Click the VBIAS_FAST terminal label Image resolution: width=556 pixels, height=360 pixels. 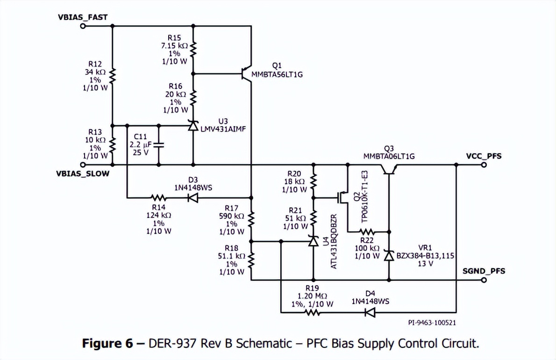[x=83, y=17]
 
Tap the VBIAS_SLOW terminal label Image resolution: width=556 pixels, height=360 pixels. [x=83, y=173]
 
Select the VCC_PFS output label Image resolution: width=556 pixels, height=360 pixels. [x=484, y=156]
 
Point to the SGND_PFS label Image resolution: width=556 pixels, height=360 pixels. [x=484, y=271]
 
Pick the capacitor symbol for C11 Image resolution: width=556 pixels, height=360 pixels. [x=159, y=145]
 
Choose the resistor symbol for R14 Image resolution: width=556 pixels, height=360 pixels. [x=158, y=198]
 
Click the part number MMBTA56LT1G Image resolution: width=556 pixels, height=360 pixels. [x=277, y=74]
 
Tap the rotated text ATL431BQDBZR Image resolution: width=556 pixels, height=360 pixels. [x=334, y=241]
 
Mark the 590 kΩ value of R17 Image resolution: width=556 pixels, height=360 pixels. [x=232, y=216]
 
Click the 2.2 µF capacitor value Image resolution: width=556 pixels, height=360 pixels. [x=139, y=145]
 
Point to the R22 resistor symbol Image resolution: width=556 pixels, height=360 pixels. [x=367, y=231]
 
